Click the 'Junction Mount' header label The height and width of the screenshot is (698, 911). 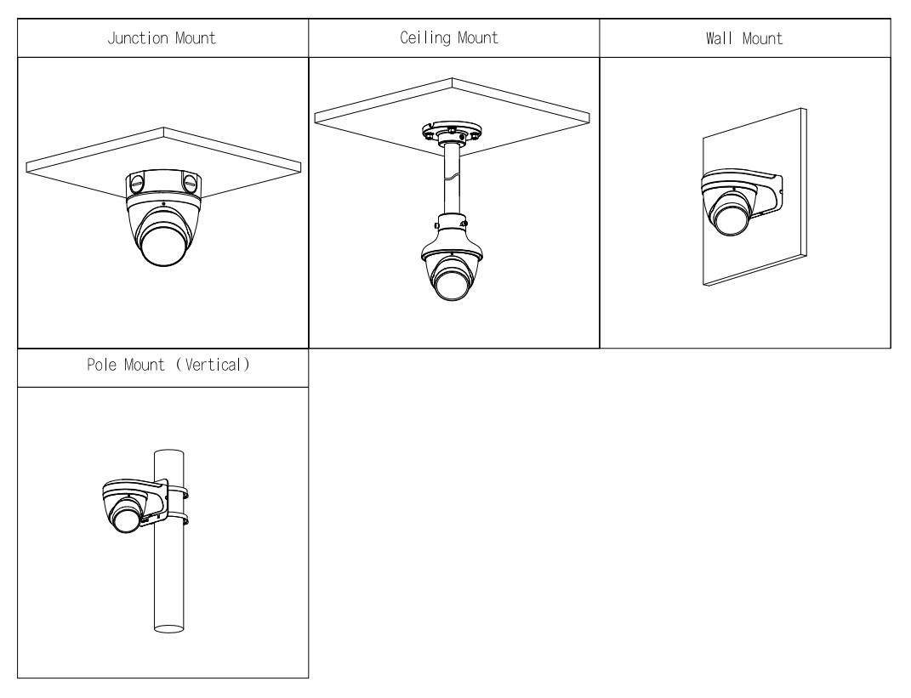tap(162, 38)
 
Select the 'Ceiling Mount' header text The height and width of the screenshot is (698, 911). tap(453, 38)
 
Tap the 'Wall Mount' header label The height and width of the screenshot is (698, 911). tap(745, 38)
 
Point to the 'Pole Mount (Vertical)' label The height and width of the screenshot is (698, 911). tap(162, 367)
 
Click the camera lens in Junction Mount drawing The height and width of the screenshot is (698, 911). tap(163, 246)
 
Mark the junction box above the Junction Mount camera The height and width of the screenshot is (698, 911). tap(163, 182)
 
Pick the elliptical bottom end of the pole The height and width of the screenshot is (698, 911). tap(168, 629)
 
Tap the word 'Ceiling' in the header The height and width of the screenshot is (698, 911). tap(432, 38)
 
